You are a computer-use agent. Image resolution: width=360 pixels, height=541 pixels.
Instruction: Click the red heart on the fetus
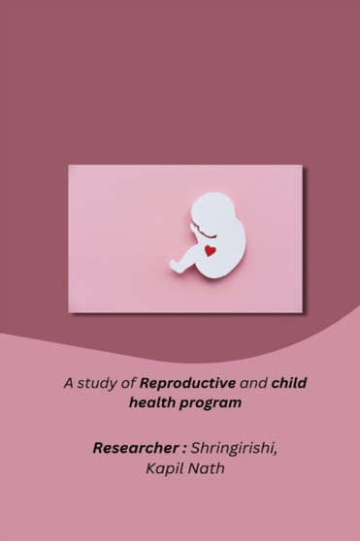click(210, 250)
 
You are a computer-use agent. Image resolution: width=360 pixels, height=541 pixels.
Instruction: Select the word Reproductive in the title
click(183, 383)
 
